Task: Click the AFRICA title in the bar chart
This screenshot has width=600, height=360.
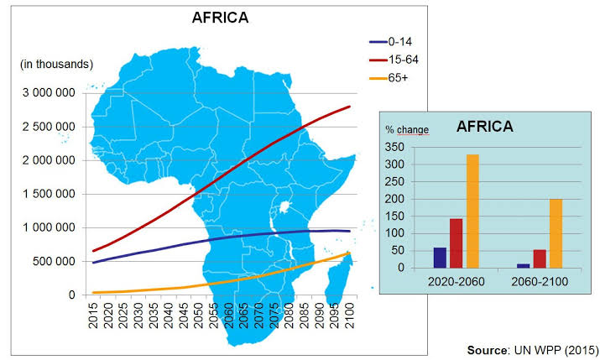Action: (x=485, y=128)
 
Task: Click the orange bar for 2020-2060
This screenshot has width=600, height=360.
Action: (x=472, y=211)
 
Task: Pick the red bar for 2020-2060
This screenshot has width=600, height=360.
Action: (x=457, y=243)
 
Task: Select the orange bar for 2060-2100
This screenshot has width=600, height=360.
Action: (x=556, y=233)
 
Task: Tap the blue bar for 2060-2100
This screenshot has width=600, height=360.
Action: (x=523, y=265)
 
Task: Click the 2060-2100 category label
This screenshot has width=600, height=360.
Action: (x=539, y=280)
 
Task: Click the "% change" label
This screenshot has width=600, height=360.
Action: (x=407, y=130)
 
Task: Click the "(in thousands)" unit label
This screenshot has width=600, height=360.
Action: (x=57, y=64)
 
